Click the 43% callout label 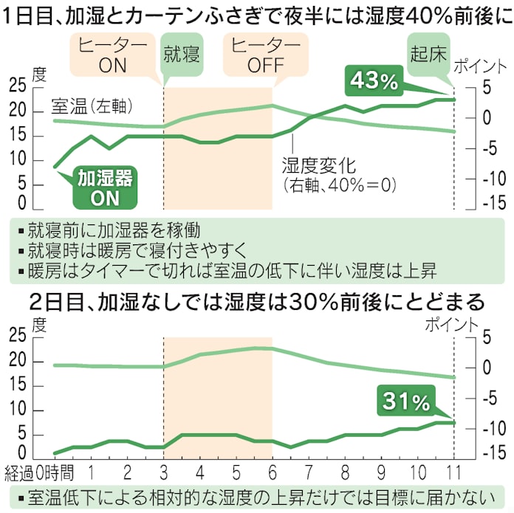coord(374,80)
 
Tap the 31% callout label coord(405,402)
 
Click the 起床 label coord(429,53)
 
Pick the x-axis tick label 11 coord(453,471)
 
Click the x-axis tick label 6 coord(272,471)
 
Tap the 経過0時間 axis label coord(38,471)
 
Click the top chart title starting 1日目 coord(256,16)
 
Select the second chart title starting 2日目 coord(256,302)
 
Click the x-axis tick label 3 coord(163,471)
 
